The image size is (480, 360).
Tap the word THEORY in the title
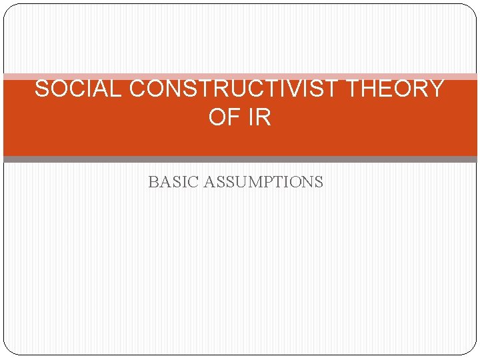400,89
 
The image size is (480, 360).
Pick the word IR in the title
259,117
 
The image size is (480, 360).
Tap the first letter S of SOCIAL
41,89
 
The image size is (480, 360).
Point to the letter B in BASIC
153,182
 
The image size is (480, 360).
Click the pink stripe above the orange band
240,77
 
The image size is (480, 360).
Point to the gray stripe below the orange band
240,159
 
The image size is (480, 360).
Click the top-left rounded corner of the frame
8,9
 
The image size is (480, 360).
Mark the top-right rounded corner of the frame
472,9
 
